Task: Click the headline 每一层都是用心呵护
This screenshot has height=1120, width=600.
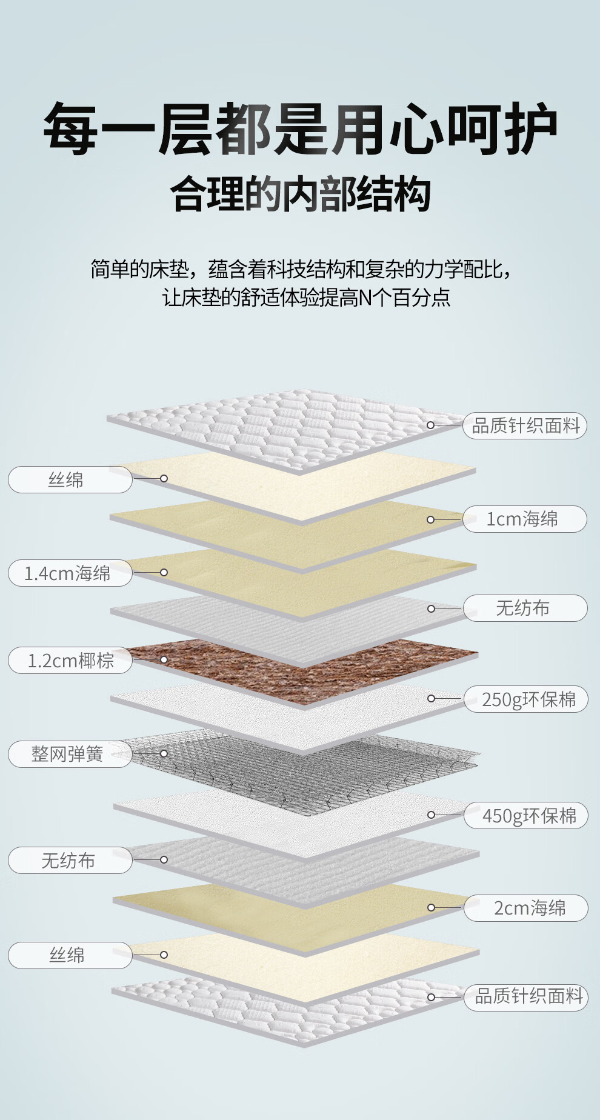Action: coord(300,128)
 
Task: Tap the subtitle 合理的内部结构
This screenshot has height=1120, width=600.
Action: coord(300,195)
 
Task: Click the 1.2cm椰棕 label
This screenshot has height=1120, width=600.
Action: coord(70,660)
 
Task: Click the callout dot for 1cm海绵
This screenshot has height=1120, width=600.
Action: coord(430,519)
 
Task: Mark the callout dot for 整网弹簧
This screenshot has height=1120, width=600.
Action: coord(164,753)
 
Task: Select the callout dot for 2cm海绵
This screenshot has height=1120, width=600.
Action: coord(431,907)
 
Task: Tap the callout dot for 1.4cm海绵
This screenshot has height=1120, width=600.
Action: coord(164,572)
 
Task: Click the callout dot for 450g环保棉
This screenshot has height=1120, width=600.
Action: coord(431,815)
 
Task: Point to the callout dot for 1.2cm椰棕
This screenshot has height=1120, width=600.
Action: coord(164,659)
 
